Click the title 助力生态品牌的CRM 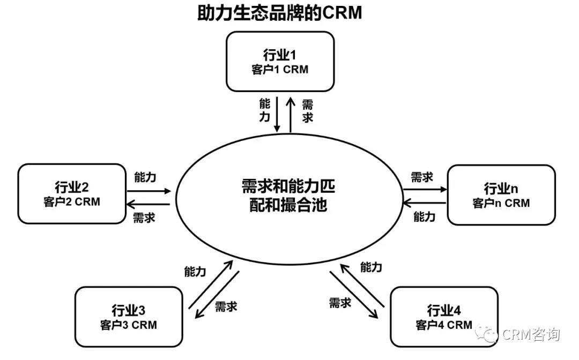279,13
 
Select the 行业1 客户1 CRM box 280,62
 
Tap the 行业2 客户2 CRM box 71,194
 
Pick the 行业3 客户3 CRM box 129,317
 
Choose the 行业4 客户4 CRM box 444,317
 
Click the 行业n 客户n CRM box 501,195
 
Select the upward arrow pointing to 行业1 291,114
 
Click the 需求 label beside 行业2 144,217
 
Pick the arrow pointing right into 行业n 424,189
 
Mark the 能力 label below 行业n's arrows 425,217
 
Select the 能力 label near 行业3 195,272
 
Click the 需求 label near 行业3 226,306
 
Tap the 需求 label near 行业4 340,303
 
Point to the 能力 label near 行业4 372,267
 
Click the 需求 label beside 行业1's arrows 307,110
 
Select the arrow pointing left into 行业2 149,204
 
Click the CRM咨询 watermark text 531,335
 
